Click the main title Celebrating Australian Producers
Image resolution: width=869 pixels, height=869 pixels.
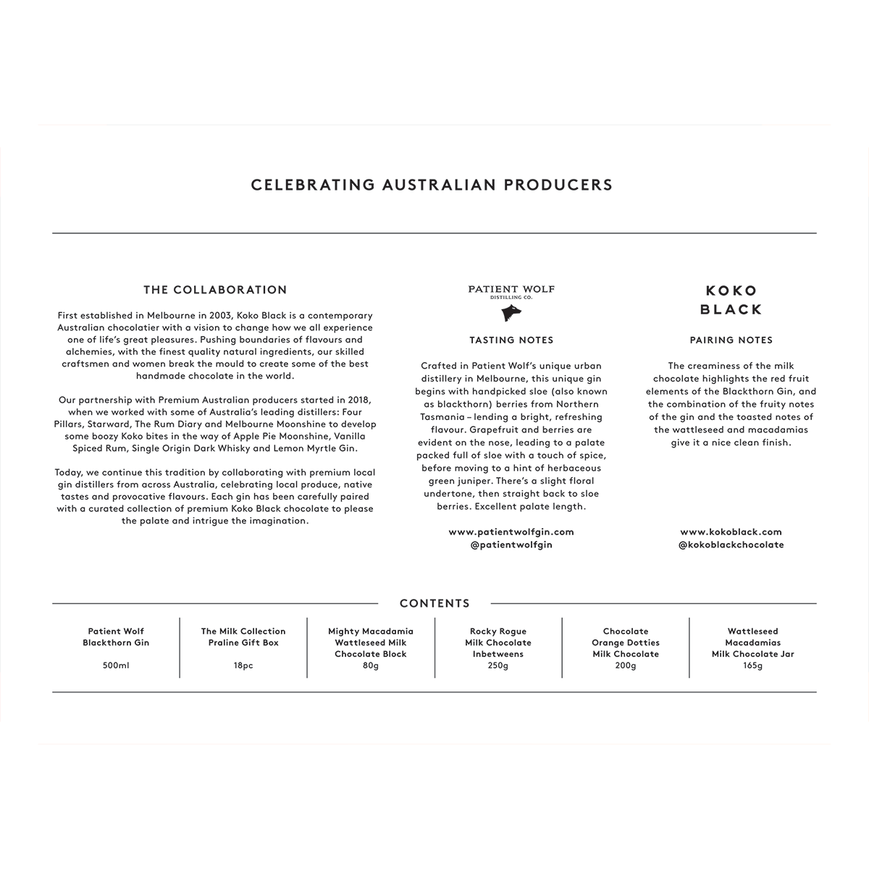click(x=432, y=185)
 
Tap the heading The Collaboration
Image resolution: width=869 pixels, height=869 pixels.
click(x=215, y=290)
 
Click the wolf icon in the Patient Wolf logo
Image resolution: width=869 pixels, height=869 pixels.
click(x=511, y=313)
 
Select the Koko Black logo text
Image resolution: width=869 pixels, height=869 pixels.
click(x=731, y=300)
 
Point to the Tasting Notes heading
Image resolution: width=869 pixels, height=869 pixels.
click(x=511, y=340)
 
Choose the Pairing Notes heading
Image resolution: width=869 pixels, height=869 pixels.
click(x=731, y=340)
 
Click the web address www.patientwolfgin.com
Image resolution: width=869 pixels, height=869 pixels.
click(x=511, y=532)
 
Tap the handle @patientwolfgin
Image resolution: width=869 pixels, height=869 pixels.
click(x=511, y=545)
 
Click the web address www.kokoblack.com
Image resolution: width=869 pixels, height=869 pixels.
click(x=731, y=532)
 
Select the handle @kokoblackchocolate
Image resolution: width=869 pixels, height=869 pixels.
click(x=731, y=545)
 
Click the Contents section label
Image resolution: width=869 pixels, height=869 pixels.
click(x=434, y=603)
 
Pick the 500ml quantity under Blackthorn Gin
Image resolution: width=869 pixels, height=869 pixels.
click(x=116, y=666)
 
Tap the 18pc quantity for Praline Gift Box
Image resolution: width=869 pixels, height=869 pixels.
click(x=243, y=666)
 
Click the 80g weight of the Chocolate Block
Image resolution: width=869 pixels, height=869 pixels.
click(x=371, y=666)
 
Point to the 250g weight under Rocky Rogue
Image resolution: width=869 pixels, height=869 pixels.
click(x=498, y=666)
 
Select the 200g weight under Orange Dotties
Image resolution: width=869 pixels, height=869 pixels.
click(x=626, y=666)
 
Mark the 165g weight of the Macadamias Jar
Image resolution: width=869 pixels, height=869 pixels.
click(x=753, y=666)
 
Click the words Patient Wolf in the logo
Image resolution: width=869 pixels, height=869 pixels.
click(x=511, y=289)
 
